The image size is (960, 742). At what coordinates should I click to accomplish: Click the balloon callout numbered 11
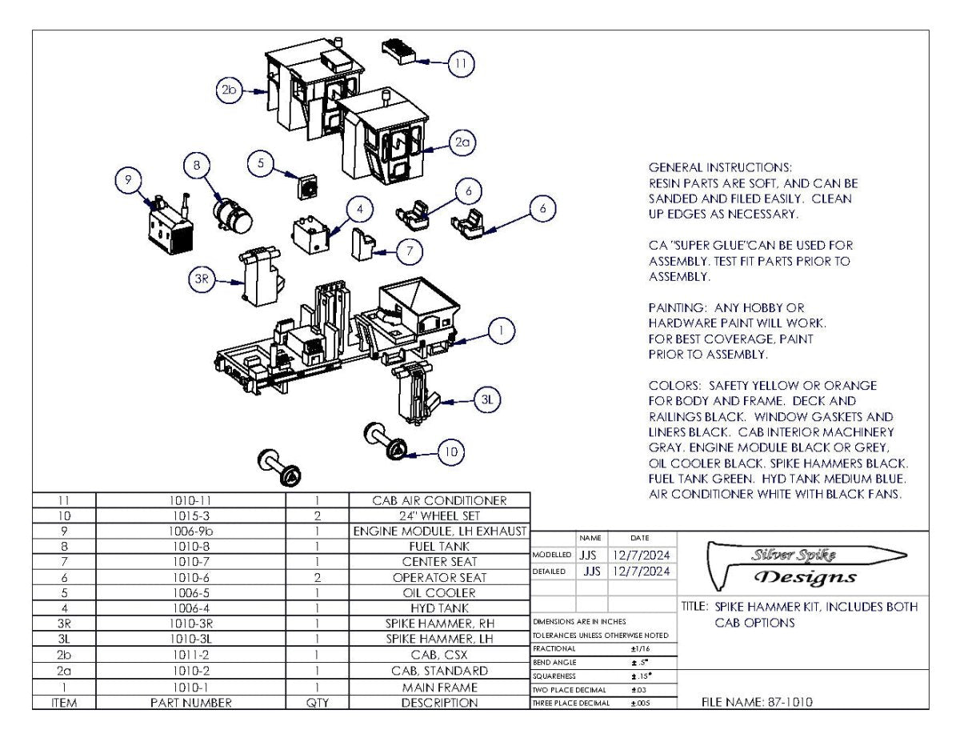(460, 62)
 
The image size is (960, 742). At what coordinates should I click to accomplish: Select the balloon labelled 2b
(229, 90)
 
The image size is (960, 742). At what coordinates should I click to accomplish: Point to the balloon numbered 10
(451, 453)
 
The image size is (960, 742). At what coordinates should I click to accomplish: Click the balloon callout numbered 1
(501, 331)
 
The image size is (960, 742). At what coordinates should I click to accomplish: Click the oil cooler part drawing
(308, 187)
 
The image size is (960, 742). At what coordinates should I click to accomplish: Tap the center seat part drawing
(365, 243)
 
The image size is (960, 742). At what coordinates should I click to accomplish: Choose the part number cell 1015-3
(190, 516)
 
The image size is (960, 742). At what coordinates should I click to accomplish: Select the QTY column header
(318, 703)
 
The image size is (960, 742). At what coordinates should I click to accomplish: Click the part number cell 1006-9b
(190, 531)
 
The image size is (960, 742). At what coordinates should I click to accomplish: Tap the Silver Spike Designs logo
(803, 565)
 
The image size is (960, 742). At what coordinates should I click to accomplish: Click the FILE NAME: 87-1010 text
(758, 702)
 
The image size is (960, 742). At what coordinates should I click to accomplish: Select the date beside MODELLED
(642, 555)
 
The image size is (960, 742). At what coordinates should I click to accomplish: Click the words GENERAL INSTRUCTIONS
(720, 167)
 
